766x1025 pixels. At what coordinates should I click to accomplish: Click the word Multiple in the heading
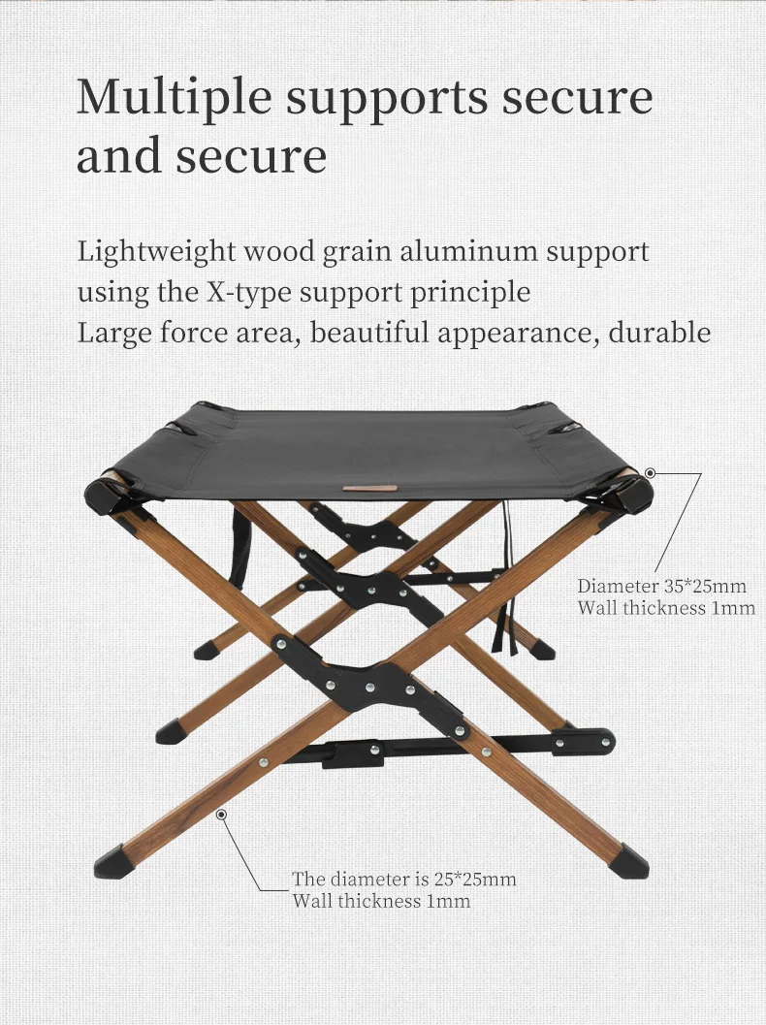point(174,98)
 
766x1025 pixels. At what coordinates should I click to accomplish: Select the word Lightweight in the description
point(156,252)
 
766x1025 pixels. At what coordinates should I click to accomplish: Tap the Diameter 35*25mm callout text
point(661,586)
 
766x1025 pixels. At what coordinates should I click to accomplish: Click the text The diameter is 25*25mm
point(404,879)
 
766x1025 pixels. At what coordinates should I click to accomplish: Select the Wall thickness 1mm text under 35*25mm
point(666,608)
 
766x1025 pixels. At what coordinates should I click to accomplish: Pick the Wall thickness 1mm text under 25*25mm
point(381,901)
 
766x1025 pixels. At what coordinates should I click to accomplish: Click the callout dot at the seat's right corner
point(650,472)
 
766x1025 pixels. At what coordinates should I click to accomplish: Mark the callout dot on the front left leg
point(222,815)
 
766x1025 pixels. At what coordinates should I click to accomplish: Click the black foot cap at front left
point(112,861)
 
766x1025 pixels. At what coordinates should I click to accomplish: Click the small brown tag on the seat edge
point(369,488)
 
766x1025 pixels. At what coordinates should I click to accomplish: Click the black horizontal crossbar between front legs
point(451,749)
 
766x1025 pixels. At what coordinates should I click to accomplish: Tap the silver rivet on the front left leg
point(263,762)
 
